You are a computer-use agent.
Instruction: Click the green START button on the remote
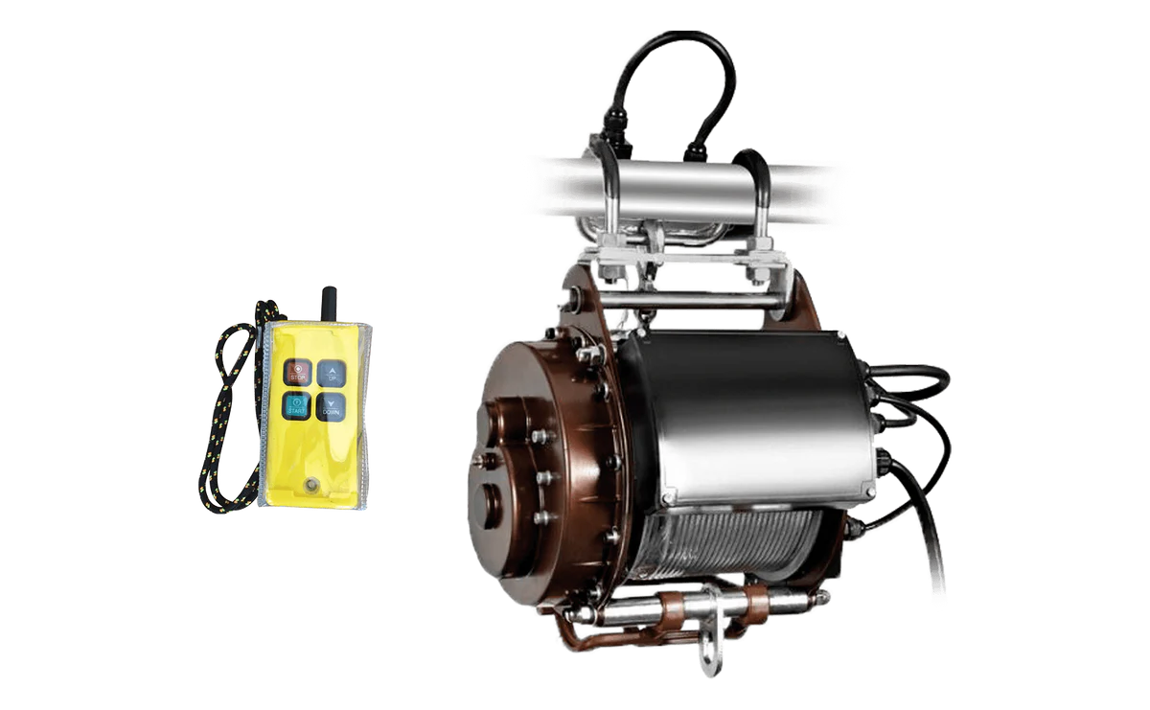pos(296,406)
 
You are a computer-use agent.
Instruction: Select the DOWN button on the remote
pos(331,406)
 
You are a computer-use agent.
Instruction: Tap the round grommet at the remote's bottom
pos(310,484)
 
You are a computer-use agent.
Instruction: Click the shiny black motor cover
pos(747,412)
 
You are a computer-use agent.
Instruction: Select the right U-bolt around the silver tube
pos(758,192)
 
